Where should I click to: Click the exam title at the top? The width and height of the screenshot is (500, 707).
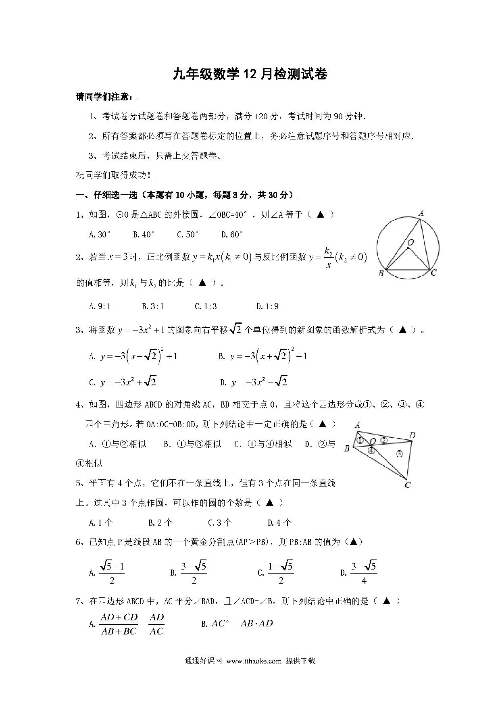point(250,74)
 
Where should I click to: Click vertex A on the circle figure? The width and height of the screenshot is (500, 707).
point(421,213)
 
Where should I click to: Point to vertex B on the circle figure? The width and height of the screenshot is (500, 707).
point(381,274)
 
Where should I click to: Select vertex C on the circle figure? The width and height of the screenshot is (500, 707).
point(433,273)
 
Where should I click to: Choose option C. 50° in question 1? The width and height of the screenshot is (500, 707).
point(188,235)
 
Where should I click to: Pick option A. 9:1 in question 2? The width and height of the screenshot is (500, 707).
point(100,306)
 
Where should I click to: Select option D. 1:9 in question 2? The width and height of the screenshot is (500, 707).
point(267,306)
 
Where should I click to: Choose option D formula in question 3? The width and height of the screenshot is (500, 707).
point(254,382)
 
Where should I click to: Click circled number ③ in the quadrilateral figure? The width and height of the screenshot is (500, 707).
point(399,453)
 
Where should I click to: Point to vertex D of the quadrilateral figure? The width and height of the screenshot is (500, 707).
point(412,435)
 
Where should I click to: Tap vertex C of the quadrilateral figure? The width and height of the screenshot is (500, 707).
point(408,485)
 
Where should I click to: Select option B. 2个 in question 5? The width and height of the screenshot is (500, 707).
point(160,523)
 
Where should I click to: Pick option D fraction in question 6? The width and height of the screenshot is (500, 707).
point(359,573)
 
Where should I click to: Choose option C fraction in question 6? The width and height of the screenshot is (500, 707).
point(276,573)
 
